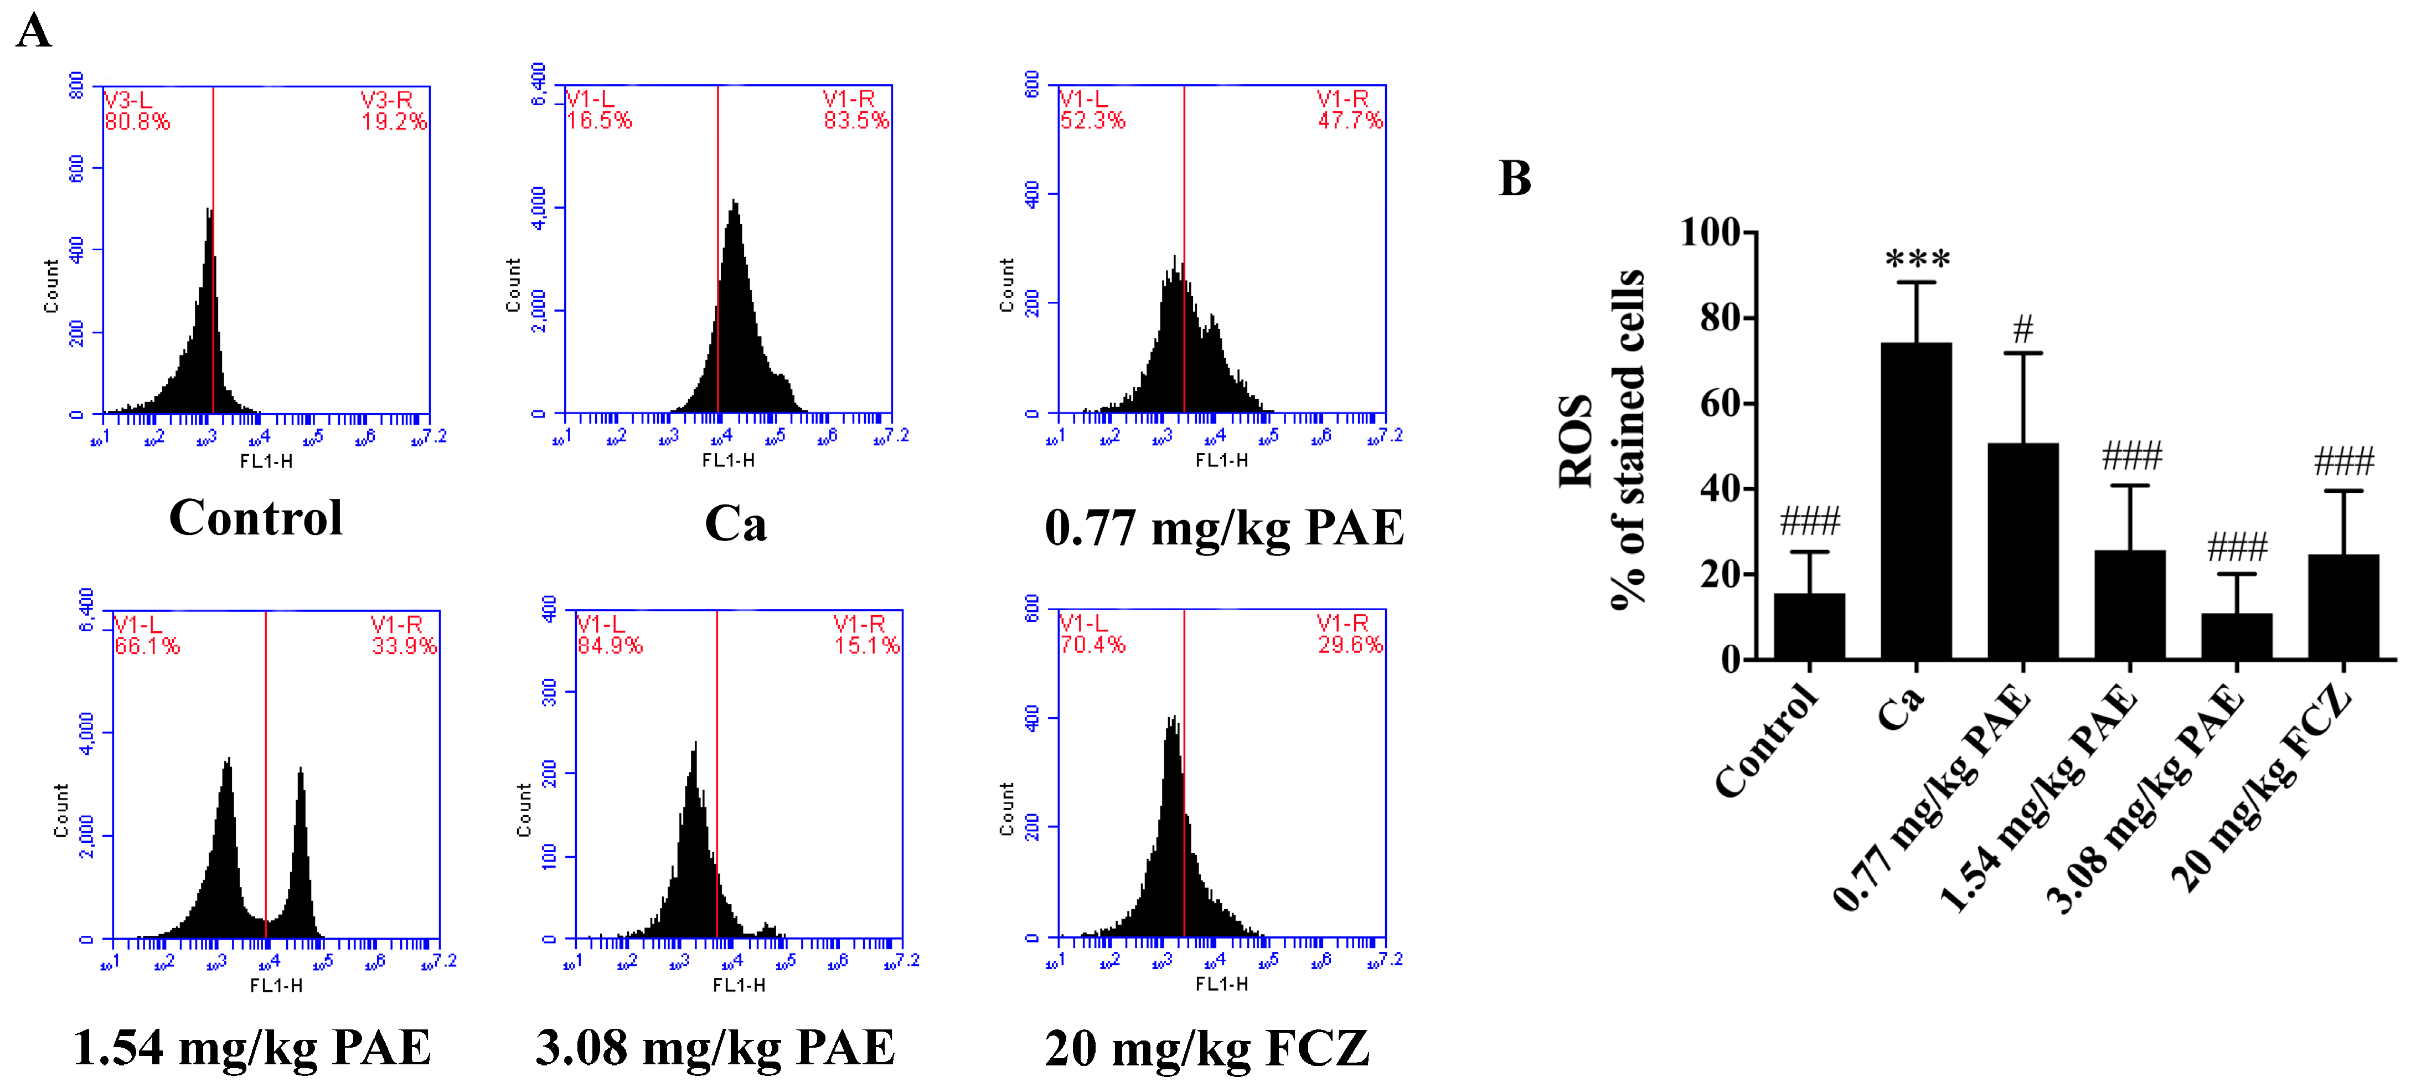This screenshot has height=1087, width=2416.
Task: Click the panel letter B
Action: (x=1515, y=178)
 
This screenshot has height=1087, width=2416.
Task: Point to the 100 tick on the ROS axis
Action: (x=1710, y=231)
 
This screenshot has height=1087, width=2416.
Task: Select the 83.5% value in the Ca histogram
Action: (x=855, y=121)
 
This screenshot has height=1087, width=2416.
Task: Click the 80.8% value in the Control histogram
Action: (x=137, y=122)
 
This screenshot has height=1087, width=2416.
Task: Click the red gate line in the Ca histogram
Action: (x=717, y=281)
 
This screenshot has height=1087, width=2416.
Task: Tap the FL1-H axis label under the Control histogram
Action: (x=266, y=461)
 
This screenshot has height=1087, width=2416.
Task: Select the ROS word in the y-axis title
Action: (x=1576, y=441)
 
